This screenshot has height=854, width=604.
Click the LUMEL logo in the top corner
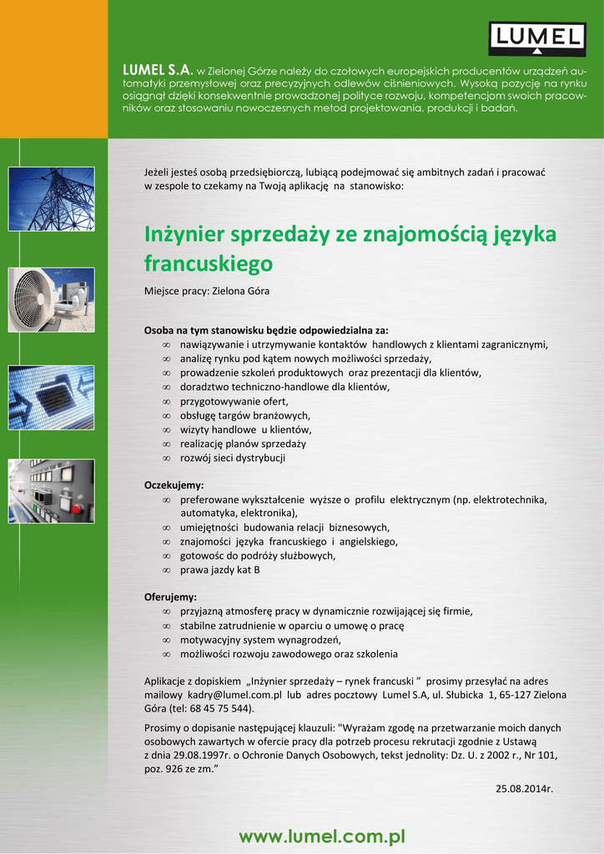click(x=536, y=38)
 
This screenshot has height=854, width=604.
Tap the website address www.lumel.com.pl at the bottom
click(x=322, y=836)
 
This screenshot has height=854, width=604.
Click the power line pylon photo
click(x=51, y=199)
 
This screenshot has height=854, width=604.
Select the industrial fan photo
click(x=51, y=299)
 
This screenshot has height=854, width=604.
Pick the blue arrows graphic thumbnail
click(x=51, y=397)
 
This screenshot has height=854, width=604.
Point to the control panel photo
click(x=51, y=491)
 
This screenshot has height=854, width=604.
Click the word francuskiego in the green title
click(x=209, y=264)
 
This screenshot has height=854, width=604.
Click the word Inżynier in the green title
click(x=185, y=235)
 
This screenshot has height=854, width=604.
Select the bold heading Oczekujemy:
click(x=174, y=485)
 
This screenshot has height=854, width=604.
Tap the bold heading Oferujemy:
click(x=171, y=597)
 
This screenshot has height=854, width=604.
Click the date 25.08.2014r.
click(x=525, y=787)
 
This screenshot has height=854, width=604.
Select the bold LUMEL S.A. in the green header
click(x=158, y=68)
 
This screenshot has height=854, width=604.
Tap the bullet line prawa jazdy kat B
click(x=220, y=570)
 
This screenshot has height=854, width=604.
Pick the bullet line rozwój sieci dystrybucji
click(x=233, y=458)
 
